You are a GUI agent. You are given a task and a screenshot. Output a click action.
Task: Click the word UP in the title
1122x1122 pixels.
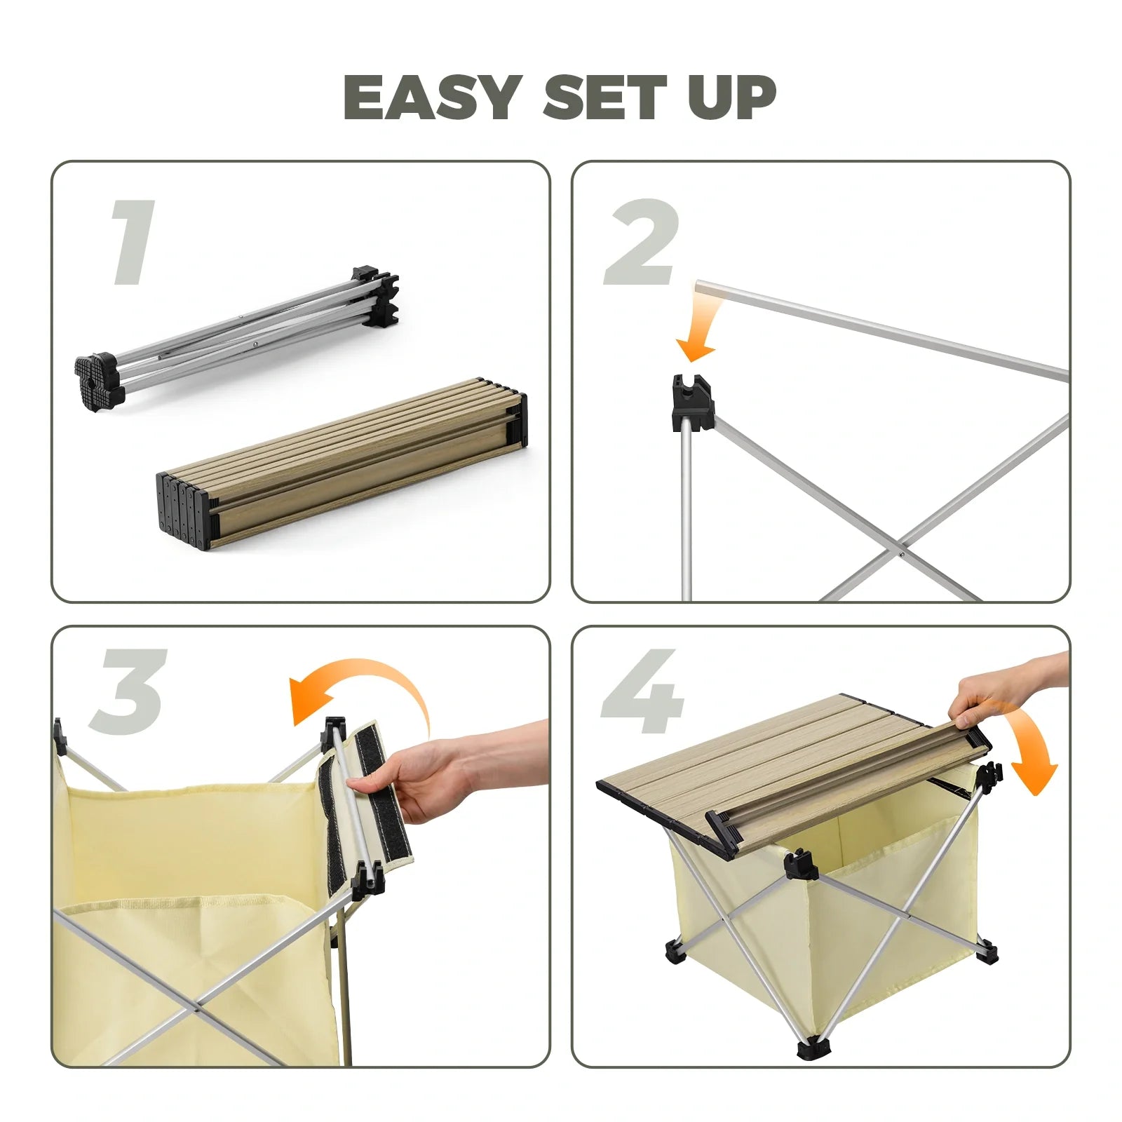[731, 97]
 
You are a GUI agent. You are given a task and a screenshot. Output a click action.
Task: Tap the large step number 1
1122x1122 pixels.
[133, 243]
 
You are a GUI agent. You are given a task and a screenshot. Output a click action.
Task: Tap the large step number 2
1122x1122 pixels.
[642, 243]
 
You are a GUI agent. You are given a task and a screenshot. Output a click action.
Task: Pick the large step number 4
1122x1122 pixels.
[642, 691]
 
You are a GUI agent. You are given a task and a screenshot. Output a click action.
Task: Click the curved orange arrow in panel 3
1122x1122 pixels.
[365, 691]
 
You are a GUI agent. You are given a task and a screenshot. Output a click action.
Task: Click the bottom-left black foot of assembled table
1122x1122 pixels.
[675, 952]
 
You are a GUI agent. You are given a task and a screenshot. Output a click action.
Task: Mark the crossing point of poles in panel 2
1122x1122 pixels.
[900, 554]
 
